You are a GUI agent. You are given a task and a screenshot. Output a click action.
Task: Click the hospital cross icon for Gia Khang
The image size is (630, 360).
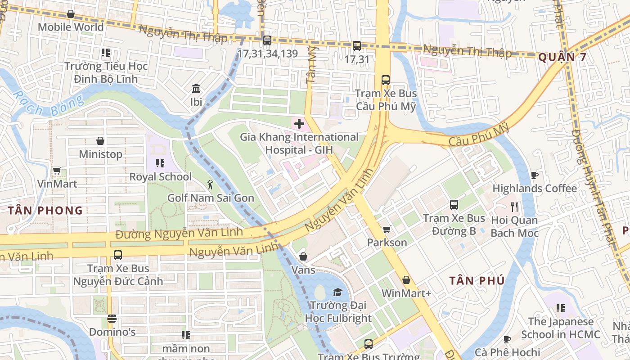pyautogui.click(x=299, y=124)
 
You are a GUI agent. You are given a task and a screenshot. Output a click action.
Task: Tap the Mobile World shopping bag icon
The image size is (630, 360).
pyautogui.click(x=71, y=14)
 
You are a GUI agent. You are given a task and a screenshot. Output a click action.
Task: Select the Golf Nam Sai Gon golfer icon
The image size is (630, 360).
pyautogui.click(x=210, y=184)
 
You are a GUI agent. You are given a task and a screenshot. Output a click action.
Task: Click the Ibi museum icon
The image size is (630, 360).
pyautogui.click(x=196, y=88)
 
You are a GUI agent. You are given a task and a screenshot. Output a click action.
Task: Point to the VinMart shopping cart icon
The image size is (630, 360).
pyautogui.click(x=57, y=171)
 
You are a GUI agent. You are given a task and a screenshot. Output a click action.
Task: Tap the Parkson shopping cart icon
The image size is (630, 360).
pyautogui.click(x=387, y=229)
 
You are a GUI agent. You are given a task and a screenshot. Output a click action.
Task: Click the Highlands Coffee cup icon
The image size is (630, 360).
pyautogui.click(x=535, y=175)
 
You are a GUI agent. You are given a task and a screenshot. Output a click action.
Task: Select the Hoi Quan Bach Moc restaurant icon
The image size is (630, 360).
pyautogui.click(x=515, y=207)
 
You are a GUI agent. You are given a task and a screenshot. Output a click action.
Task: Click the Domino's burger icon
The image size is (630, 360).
pyautogui.click(x=112, y=319)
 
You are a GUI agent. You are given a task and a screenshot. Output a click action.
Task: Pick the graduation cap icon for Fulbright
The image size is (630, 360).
pyautogui.click(x=337, y=292)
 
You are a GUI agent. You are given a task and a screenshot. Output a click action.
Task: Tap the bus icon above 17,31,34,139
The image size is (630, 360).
pyautogui.click(x=267, y=40)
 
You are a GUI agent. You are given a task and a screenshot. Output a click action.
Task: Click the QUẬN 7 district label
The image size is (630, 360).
pyautogui.click(x=562, y=57)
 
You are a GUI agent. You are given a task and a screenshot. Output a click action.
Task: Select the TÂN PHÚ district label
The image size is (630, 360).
pyautogui.click(x=477, y=281)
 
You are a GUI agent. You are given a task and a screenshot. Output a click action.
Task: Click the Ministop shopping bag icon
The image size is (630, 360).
pyautogui.click(x=100, y=141)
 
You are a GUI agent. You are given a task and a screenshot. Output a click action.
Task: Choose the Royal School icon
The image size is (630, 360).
pyautogui.click(x=160, y=163)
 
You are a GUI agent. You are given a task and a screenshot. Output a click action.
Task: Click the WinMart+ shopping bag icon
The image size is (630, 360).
pyautogui.click(x=406, y=280)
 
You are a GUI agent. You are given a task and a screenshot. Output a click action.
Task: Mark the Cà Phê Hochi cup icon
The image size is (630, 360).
pyautogui.click(x=507, y=339)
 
